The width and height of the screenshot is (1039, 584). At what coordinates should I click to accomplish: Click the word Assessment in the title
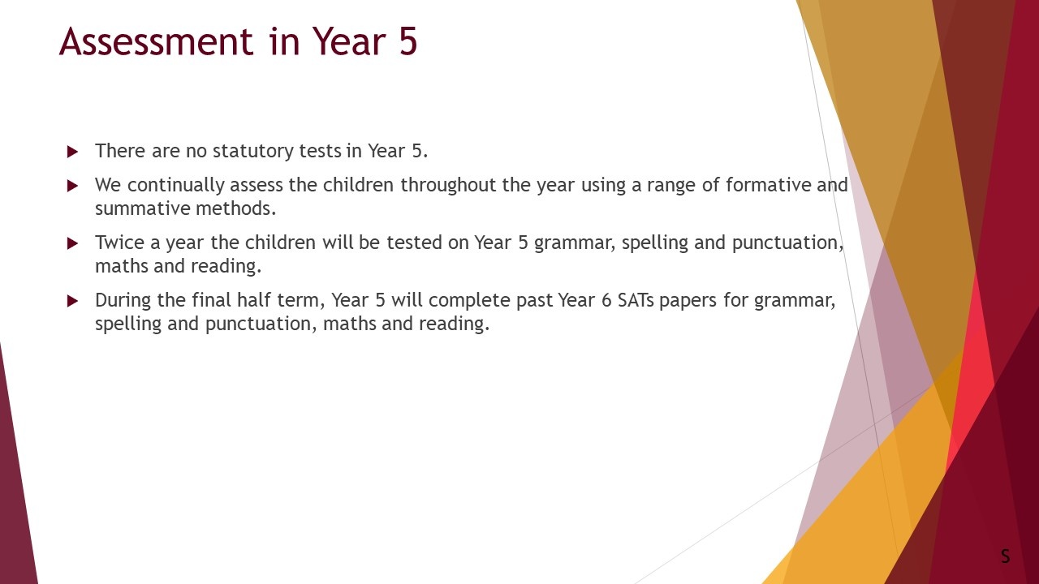click(157, 41)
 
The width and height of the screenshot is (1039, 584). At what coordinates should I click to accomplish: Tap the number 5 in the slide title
click(407, 41)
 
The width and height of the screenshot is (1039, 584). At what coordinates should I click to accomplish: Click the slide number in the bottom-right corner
click(1005, 556)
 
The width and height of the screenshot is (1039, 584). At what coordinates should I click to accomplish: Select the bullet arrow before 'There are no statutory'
click(72, 152)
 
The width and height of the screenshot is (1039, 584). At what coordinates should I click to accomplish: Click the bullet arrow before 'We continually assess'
click(72, 186)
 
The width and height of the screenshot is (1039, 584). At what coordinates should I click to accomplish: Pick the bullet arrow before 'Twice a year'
click(72, 243)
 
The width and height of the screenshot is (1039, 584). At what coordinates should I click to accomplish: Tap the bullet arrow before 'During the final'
click(72, 301)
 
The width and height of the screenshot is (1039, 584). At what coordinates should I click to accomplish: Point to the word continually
click(175, 186)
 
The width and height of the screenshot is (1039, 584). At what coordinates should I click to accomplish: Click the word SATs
click(636, 300)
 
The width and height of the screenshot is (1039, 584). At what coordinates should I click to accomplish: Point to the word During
click(123, 300)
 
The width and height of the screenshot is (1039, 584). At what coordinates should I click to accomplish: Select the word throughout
click(449, 186)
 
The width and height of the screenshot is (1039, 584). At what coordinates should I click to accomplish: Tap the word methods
click(236, 208)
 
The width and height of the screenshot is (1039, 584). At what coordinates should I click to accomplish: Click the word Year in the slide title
click(349, 41)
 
